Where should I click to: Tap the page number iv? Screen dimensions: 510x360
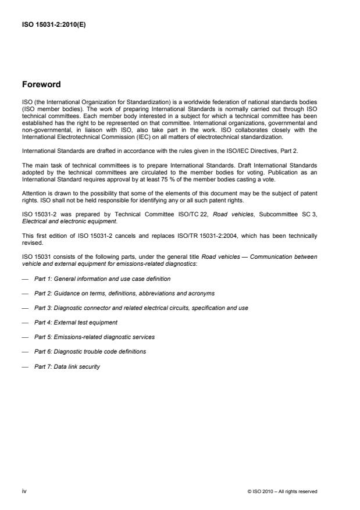(x=24, y=491)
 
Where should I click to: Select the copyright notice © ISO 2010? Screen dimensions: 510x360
(x=282, y=492)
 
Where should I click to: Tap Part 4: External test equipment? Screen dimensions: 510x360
(x=76, y=322)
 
